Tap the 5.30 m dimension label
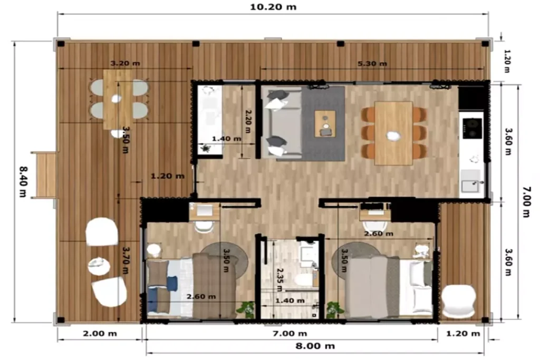coord(372,64)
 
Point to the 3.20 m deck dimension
coord(125,64)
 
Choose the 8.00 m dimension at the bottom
coord(314,346)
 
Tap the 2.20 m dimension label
coord(247,123)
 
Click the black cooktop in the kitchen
coord(472,127)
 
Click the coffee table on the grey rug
coord(325,123)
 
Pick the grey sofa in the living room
coord(282,123)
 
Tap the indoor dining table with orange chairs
coord(393,133)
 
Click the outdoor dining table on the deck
coord(118,99)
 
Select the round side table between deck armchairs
coord(99,266)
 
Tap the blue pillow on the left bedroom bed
coord(171,284)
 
